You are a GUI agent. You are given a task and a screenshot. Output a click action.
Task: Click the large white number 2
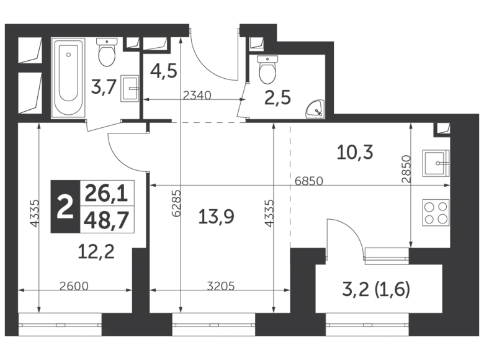[65, 207]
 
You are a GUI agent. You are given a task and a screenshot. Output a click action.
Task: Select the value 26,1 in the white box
[106, 194]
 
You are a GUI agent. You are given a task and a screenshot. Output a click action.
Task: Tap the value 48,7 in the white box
[106, 220]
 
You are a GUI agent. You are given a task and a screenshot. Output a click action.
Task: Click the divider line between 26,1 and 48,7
[107, 207]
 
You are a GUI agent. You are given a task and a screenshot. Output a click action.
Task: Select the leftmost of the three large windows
[60, 325]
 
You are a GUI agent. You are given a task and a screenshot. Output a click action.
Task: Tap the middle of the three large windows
[213, 325]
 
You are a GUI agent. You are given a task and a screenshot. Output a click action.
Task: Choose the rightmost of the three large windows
[367, 325]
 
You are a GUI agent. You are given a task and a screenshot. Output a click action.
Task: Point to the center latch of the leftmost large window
[60, 325]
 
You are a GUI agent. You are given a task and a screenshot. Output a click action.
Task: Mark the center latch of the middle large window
[214, 325]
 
